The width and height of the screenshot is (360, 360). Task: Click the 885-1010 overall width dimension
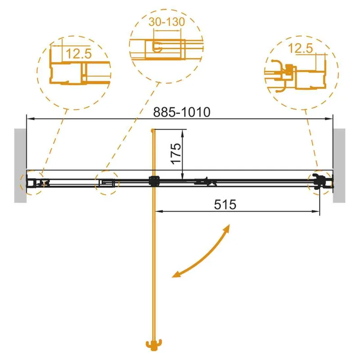(x=182, y=112)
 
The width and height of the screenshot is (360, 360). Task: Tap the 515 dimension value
(x=225, y=204)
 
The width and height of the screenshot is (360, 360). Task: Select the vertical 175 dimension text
(x=176, y=153)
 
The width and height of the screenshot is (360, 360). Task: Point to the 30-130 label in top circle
(x=166, y=22)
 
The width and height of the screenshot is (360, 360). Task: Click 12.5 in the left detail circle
(x=79, y=54)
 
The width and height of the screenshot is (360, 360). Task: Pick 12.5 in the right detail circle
(x=300, y=49)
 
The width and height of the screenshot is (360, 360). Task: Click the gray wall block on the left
(x=20, y=166)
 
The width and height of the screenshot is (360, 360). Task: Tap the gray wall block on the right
(x=339, y=166)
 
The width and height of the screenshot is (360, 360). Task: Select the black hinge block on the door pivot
(x=154, y=181)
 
